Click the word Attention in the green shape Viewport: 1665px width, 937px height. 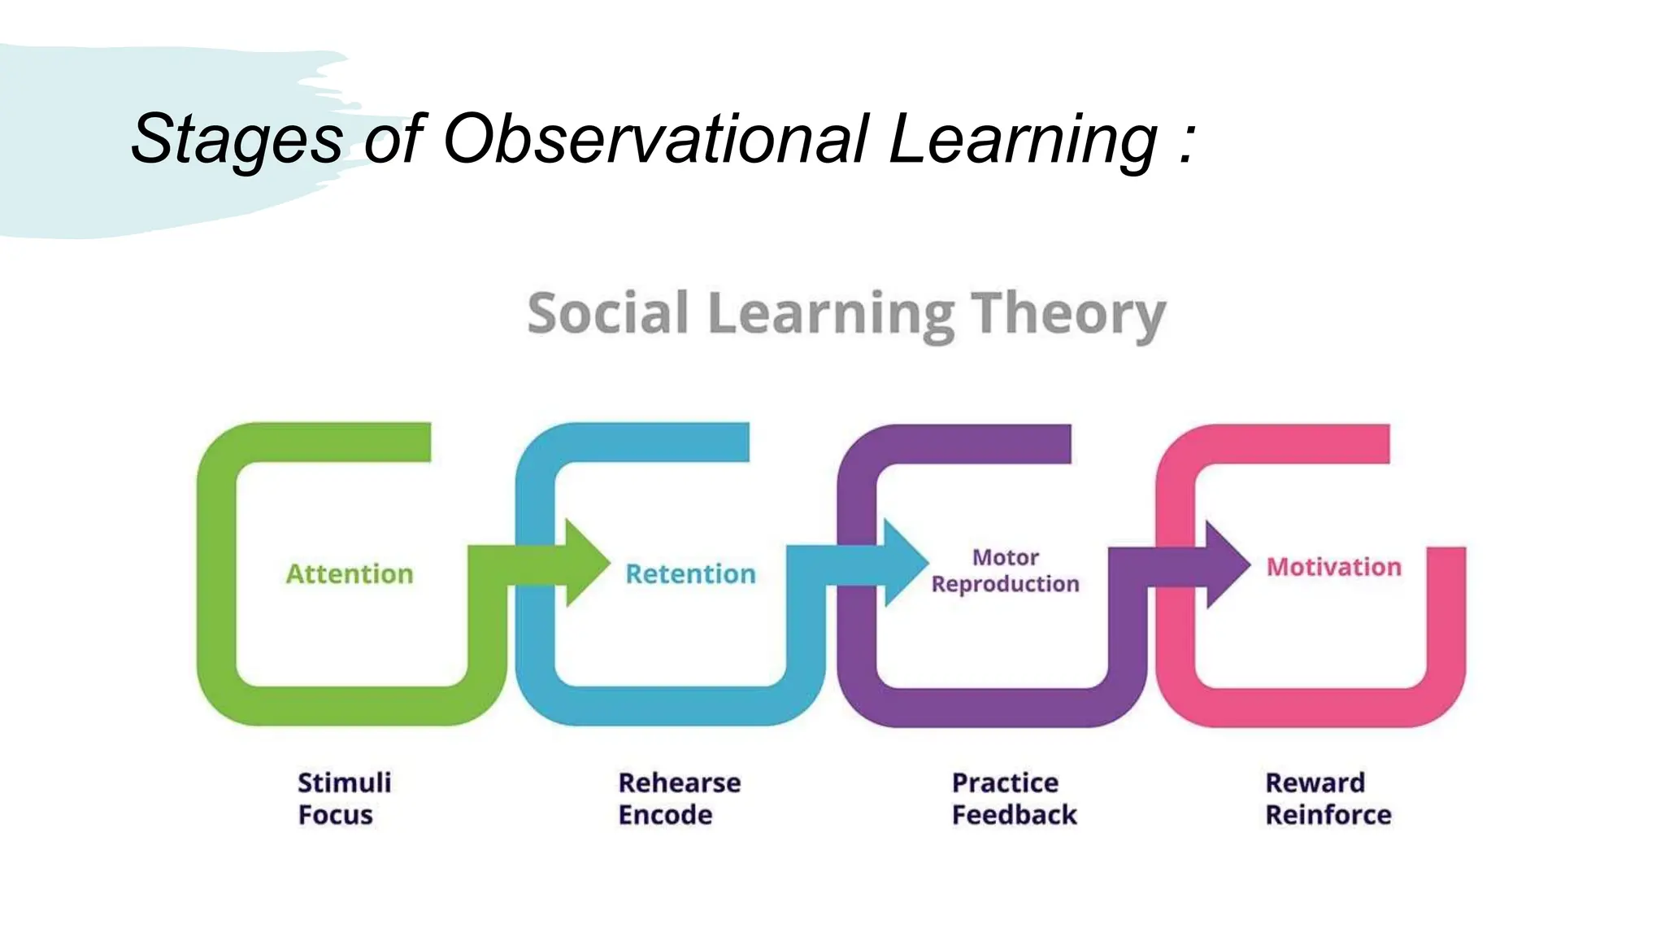point(350,574)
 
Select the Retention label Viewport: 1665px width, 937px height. point(690,574)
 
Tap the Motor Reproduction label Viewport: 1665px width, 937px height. point(1005,570)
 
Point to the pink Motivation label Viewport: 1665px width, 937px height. point(1333,567)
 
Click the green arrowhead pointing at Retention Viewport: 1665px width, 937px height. point(585,563)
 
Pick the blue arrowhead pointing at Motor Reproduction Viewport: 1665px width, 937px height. point(903,563)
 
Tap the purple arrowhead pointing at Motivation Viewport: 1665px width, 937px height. point(1225,564)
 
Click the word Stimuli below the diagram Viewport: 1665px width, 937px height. point(344,782)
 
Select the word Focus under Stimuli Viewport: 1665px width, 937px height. point(335,815)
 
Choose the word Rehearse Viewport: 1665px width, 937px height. point(679,782)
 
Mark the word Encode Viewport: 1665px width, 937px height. point(665,815)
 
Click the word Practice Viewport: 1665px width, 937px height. point(1005,782)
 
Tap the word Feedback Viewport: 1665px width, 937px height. point(1014,815)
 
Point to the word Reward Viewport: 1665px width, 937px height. point(1315,782)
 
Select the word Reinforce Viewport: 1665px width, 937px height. point(1328,815)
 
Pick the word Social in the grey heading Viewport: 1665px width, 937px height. point(607,314)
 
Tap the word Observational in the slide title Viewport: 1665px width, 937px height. point(655,138)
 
